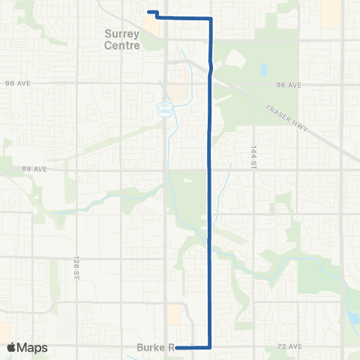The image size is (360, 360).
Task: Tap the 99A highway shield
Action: point(163,109)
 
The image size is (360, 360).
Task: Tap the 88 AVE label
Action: point(35,169)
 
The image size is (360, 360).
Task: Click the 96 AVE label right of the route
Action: point(288,85)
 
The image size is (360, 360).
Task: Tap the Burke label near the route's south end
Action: point(152,347)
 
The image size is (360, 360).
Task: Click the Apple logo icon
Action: point(11,347)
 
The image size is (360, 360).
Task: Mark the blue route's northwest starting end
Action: point(148,12)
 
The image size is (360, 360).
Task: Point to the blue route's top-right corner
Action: point(211,17)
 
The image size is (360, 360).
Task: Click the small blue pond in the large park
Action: point(264,71)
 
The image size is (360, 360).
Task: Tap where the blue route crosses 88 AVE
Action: point(208,169)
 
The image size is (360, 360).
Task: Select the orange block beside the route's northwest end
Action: point(152,27)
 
